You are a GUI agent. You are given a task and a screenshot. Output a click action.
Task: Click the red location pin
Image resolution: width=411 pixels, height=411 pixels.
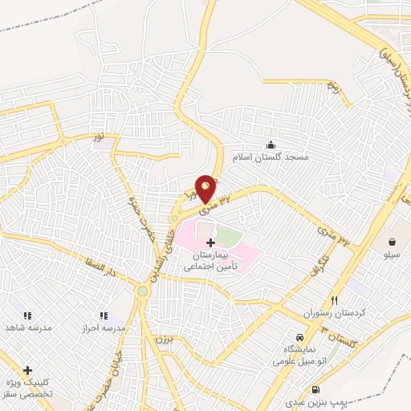coord(205,188)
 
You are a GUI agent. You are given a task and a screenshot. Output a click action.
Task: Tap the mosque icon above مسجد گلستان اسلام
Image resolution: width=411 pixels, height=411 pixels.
coord(271,144)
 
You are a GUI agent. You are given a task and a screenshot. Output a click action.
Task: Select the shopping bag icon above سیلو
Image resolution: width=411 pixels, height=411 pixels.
coord(392,242)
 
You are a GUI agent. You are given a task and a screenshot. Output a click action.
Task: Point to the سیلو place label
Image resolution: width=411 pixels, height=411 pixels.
coord(392,254)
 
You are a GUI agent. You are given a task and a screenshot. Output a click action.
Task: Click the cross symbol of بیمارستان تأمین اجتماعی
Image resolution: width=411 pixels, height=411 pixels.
coord(210,242)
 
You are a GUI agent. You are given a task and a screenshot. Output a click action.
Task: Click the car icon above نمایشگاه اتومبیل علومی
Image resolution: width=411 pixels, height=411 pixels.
coord(299,338)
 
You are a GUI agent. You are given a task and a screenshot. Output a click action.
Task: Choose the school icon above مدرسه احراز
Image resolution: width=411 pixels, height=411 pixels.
coord(103,316)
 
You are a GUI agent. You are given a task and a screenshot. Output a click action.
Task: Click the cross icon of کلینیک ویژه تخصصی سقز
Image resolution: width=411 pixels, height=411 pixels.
coord(28,370)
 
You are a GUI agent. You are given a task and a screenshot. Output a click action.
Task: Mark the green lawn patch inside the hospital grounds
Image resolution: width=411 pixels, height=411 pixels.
coord(229,238)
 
